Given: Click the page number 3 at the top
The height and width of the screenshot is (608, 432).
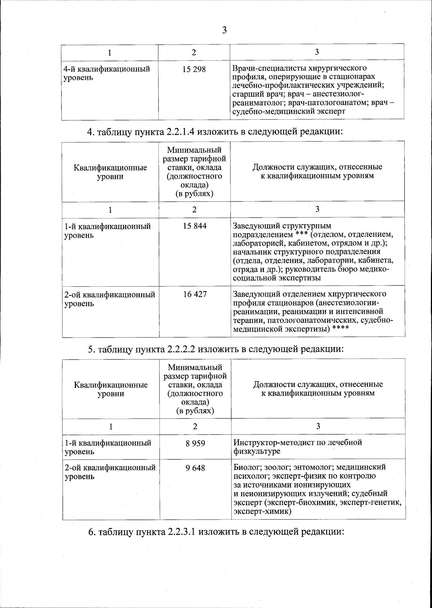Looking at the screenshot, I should coord(224,30).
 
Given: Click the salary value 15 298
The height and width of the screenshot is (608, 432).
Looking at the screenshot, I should coord(194,69).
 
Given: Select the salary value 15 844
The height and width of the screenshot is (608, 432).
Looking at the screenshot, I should coord(194,226).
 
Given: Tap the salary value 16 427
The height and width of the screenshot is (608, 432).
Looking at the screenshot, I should coord(195,294).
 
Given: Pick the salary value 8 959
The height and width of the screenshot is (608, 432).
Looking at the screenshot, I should coord(195,443).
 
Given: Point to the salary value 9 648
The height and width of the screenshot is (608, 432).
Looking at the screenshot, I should coord(195,468).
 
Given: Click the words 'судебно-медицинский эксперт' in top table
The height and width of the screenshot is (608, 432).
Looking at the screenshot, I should coord(289,111).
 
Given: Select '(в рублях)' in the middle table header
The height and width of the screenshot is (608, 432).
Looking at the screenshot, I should coord(194,193).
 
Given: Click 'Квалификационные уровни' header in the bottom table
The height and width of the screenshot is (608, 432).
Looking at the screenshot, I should coord(111,389).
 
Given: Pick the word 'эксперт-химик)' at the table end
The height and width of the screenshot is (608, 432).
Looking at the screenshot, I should coord(262,511).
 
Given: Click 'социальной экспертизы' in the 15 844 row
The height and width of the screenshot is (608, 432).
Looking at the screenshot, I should coord(276,278).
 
